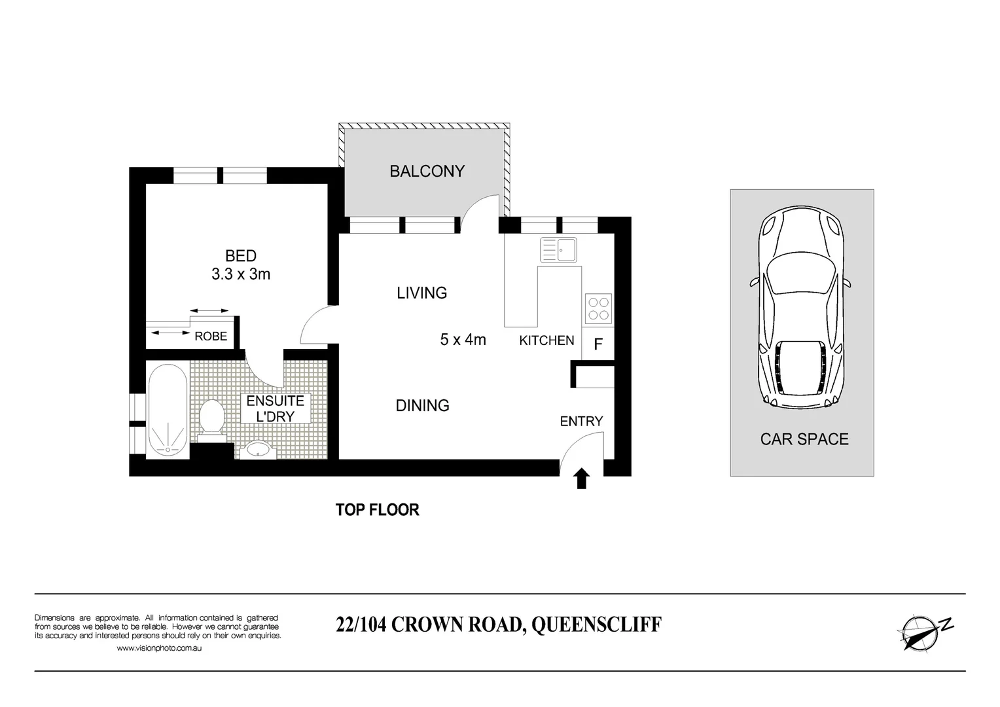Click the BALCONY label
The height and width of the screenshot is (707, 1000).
tap(427, 172)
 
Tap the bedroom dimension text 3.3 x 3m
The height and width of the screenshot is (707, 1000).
tap(241, 274)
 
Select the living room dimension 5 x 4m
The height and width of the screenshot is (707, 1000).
tap(463, 340)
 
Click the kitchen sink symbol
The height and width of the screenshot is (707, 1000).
tap(558, 249)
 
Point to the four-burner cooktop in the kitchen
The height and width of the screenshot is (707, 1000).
tap(598, 309)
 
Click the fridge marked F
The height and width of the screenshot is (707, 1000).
tap(598, 344)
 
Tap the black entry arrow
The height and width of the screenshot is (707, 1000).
tap(582, 479)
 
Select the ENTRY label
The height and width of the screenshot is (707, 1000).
tap(581, 422)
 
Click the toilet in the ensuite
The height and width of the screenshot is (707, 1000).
tap(211, 417)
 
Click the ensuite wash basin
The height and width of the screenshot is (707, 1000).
tap(261, 449)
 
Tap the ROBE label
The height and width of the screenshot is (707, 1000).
tap(211, 336)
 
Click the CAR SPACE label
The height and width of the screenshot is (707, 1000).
tap(804, 439)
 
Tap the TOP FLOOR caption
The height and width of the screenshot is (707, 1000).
tap(377, 510)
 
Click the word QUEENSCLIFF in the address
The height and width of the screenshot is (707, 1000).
tap(596, 625)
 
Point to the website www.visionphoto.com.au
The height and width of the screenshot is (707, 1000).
tap(158, 648)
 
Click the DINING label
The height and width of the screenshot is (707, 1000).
tap(422, 406)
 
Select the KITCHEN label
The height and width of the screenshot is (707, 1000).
tap(546, 340)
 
